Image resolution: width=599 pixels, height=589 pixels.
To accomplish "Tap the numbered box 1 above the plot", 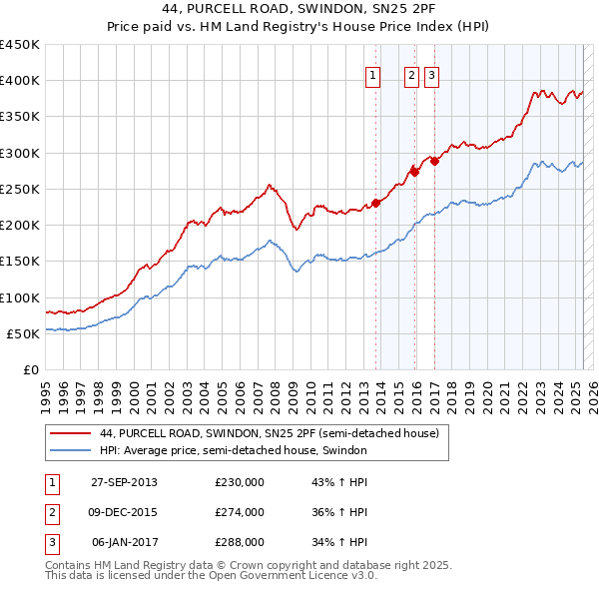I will (x=372, y=75).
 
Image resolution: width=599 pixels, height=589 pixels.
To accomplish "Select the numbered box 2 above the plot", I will (x=411, y=75).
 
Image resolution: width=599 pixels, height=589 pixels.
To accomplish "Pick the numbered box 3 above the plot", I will (x=431, y=75).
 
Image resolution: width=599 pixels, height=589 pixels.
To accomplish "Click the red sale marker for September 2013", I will (x=376, y=204).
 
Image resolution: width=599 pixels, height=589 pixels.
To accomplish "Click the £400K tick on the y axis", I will (x=20, y=81).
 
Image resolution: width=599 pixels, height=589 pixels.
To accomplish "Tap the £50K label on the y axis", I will (x=23, y=333).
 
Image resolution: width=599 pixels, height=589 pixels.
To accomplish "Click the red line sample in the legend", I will (x=70, y=433).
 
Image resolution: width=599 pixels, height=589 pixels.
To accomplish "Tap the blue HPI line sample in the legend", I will (x=70, y=450).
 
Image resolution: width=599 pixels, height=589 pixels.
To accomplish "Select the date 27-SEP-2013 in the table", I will (x=124, y=482).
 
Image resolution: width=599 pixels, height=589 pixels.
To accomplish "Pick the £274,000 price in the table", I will (x=240, y=512).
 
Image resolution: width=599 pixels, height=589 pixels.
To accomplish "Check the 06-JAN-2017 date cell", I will (x=124, y=542).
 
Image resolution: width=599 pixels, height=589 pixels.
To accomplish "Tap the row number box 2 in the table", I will (x=51, y=512).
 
